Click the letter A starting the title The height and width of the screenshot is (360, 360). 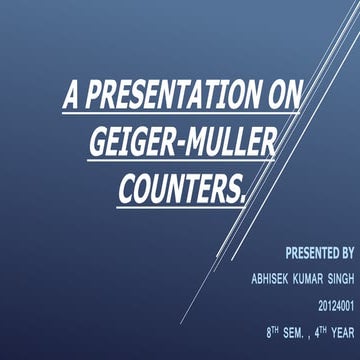click(71, 97)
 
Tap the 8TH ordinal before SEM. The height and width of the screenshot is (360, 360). click(273, 327)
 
